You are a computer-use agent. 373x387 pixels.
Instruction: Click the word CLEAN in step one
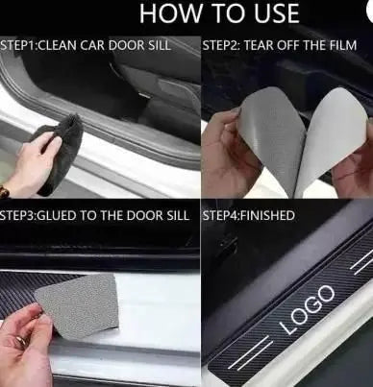click(58, 45)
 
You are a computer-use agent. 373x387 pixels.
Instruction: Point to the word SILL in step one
click(159, 45)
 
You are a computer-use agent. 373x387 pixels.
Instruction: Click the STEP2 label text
click(221, 45)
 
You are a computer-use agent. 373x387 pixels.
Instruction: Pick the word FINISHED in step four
click(267, 215)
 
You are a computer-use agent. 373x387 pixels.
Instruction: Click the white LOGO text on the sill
click(308, 309)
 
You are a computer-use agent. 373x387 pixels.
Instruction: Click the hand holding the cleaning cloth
click(31, 166)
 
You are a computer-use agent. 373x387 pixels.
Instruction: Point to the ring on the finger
click(22, 340)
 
